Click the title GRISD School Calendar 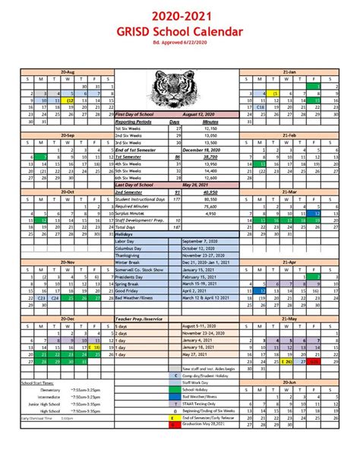click(x=180, y=32)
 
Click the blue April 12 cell click(x=262, y=289)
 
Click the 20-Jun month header click(x=289, y=382)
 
